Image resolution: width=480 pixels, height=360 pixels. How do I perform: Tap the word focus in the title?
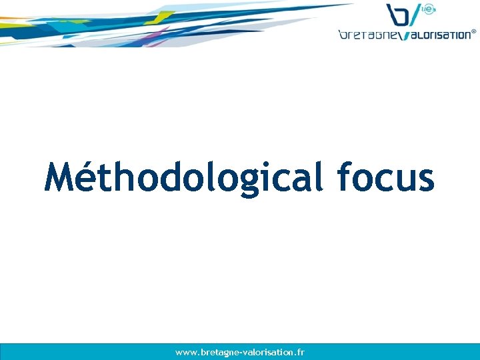(x=386, y=177)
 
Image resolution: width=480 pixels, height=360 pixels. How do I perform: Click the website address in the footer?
(x=240, y=352)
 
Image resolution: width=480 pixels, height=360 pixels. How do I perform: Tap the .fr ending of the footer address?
(x=299, y=352)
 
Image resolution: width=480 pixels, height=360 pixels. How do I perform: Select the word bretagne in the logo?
(x=367, y=35)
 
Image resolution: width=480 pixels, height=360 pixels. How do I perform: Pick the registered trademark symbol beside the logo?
(x=474, y=31)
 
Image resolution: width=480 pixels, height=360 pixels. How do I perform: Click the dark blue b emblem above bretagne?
(x=398, y=15)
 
